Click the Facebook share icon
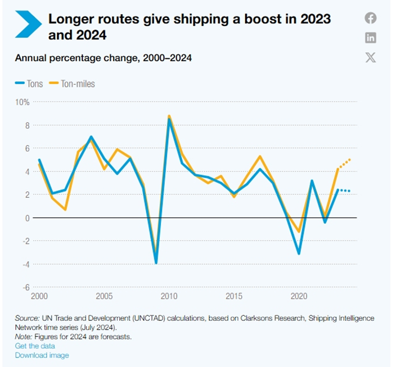click(x=370, y=18)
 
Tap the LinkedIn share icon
click(x=370, y=38)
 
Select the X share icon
click(x=370, y=57)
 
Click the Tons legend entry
click(x=29, y=84)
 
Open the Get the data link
click(x=35, y=346)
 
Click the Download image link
click(x=42, y=355)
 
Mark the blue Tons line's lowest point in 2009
click(x=156, y=262)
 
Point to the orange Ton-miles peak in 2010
click(x=169, y=116)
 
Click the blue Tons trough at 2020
click(x=299, y=253)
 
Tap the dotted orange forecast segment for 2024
click(x=345, y=163)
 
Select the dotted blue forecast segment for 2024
click(x=345, y=191)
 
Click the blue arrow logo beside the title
click(x=28, y=24)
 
